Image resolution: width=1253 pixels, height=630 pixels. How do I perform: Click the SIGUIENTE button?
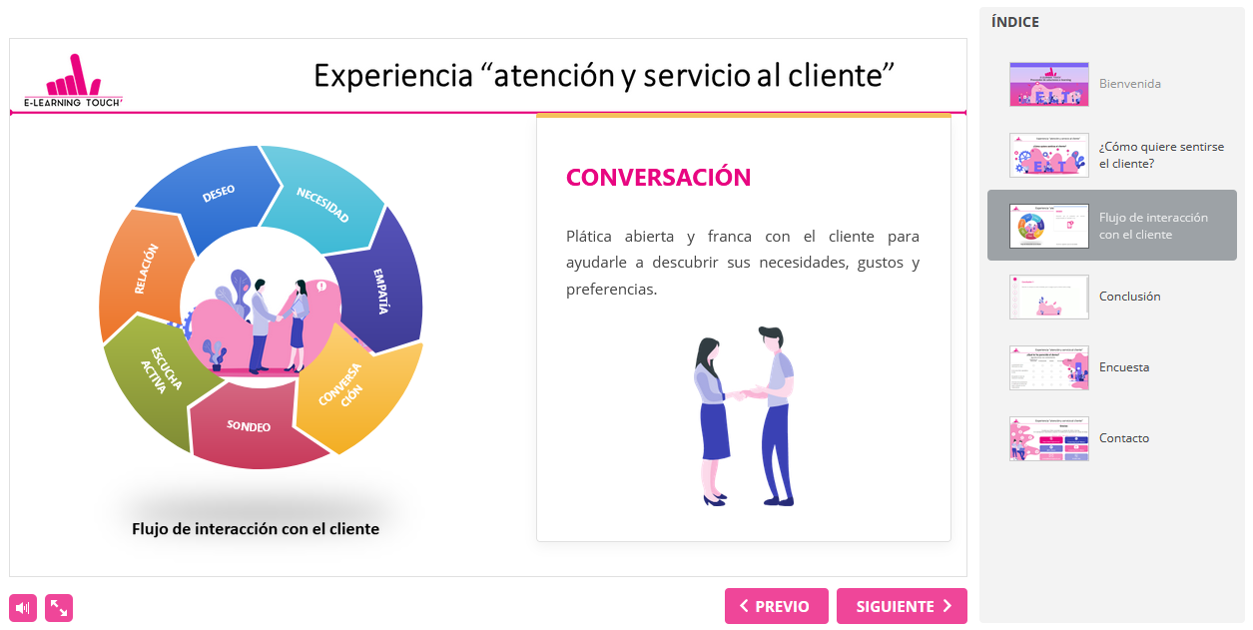pyautogui.click(x=901, y=606)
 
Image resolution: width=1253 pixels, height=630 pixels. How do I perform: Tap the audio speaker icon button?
pyautogui.click(x=23, y=607)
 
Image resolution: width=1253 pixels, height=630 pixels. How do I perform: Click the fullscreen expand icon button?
pyautogui.click(x=59, y=607)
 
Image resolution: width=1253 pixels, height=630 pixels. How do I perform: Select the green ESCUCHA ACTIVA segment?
pyautogui.click(x=160, y=374)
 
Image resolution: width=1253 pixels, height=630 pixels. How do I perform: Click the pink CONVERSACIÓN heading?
pyautogui.click(x=658, y=178)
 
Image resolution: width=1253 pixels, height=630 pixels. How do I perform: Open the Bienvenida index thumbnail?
pyautogui.click(x=1048, y=84)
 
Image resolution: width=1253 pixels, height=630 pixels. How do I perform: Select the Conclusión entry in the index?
pyautogui.click(x=1129, y=297)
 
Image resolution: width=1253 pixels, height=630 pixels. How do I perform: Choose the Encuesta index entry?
pyautogui.click(x=1123, y=367)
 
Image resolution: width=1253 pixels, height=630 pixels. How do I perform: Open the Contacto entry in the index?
pyautogui.click(x=1123, y=438)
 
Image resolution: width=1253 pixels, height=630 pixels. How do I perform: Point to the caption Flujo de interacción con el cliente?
pyautogui.click(x=256, y=529)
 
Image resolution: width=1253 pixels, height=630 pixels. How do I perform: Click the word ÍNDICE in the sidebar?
pyautogui.click(x=1014, y=22)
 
